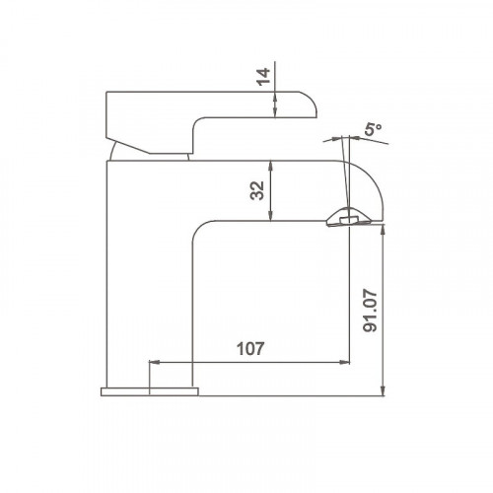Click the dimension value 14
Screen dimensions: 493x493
(263, 77)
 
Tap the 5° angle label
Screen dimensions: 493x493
(374, 129)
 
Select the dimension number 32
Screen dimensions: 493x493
(257, 190)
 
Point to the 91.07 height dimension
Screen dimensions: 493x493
(371, 311)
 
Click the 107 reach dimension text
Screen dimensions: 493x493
(250, 349)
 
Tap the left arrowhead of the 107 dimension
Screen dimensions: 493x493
(155, 362)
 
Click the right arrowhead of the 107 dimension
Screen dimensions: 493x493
(344, 362)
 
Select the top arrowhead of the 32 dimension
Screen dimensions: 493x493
(270, 166)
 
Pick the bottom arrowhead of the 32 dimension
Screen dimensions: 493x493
(270, 216)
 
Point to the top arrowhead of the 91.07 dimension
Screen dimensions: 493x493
(383, 230)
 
